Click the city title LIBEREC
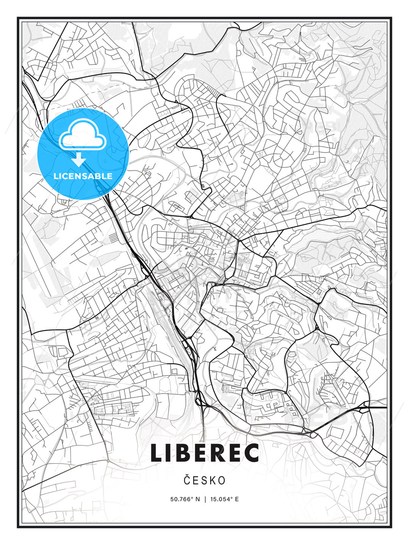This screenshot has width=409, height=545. [204, 453]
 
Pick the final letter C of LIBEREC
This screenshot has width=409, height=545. [250, 453]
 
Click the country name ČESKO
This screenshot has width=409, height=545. [204, 480]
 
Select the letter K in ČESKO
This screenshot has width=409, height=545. [213, 481]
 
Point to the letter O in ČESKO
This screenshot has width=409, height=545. [222, 481]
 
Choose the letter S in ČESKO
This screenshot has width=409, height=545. [204, 481]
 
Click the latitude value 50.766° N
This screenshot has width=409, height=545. [185, 499]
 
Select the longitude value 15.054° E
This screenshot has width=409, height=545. [225, 499]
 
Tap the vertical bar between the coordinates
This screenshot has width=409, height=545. [205, 499]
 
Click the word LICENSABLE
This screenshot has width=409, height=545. [83, 176]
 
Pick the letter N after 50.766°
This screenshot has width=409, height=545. [197, 499]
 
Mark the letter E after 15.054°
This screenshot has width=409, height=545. [237, 499]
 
